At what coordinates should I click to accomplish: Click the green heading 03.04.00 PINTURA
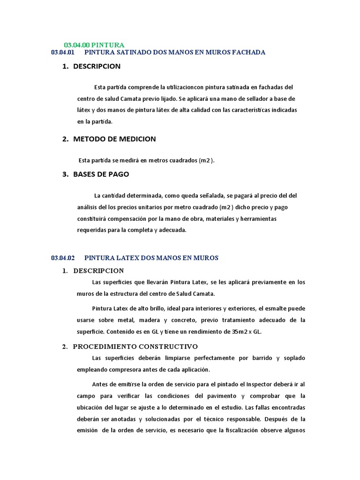(94, 45)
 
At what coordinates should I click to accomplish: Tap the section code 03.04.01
(63, 52)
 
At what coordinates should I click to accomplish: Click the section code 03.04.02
(63, 258)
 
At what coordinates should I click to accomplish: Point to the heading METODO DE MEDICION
(114, 139)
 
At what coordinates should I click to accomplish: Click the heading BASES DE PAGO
(101, 174)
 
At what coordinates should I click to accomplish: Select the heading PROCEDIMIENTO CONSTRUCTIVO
(135, 346)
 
